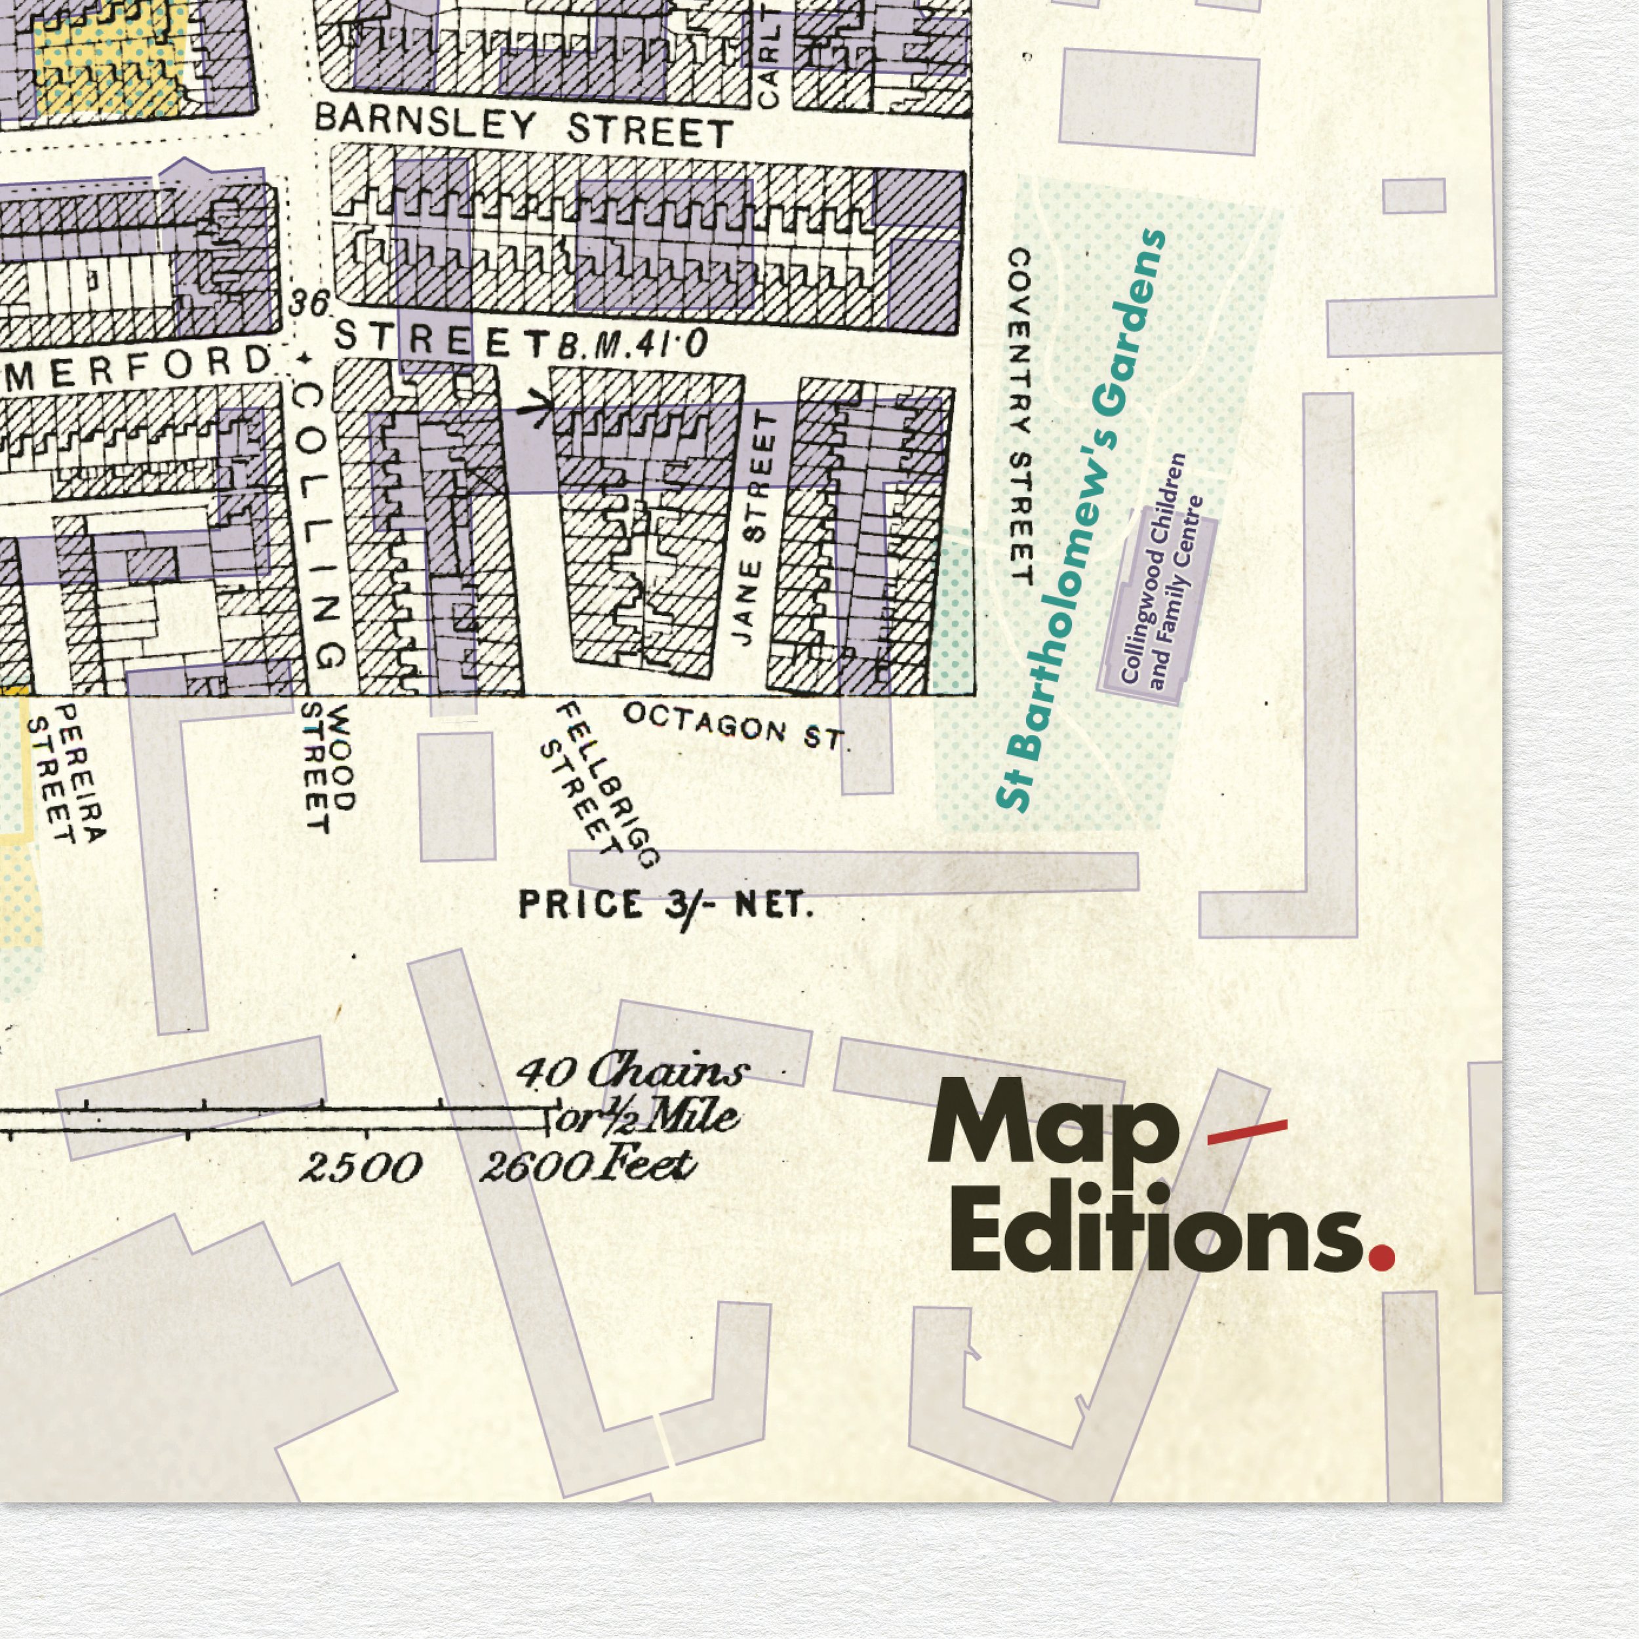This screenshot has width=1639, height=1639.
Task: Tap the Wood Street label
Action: point(329,768)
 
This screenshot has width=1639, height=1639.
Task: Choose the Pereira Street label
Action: point(66,772)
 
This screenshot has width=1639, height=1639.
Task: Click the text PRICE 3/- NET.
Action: point(666,905)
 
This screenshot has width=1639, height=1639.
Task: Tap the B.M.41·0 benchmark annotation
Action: point(633,344)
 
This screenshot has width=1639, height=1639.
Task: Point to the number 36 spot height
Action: point(308,303)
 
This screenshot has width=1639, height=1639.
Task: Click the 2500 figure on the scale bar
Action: point(361,1168)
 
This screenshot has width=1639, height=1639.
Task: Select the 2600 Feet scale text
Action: point(587,1166)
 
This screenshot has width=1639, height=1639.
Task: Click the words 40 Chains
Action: point(633,1071)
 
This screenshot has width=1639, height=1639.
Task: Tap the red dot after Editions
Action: point(1382,1255)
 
